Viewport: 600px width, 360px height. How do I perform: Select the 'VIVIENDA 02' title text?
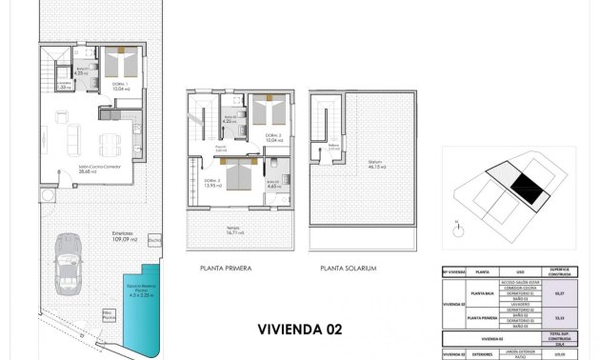(297, 330)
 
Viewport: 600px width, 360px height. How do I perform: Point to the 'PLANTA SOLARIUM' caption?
(349, 269)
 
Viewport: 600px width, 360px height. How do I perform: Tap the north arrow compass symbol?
(458, 227)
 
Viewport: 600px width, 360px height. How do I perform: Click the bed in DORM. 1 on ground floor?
(121, 64)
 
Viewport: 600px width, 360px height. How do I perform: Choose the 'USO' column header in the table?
(520, 271)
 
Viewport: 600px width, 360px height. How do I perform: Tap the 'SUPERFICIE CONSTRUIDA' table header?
(560, 271)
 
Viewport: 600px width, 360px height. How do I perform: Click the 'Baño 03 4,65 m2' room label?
(272, 185)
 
